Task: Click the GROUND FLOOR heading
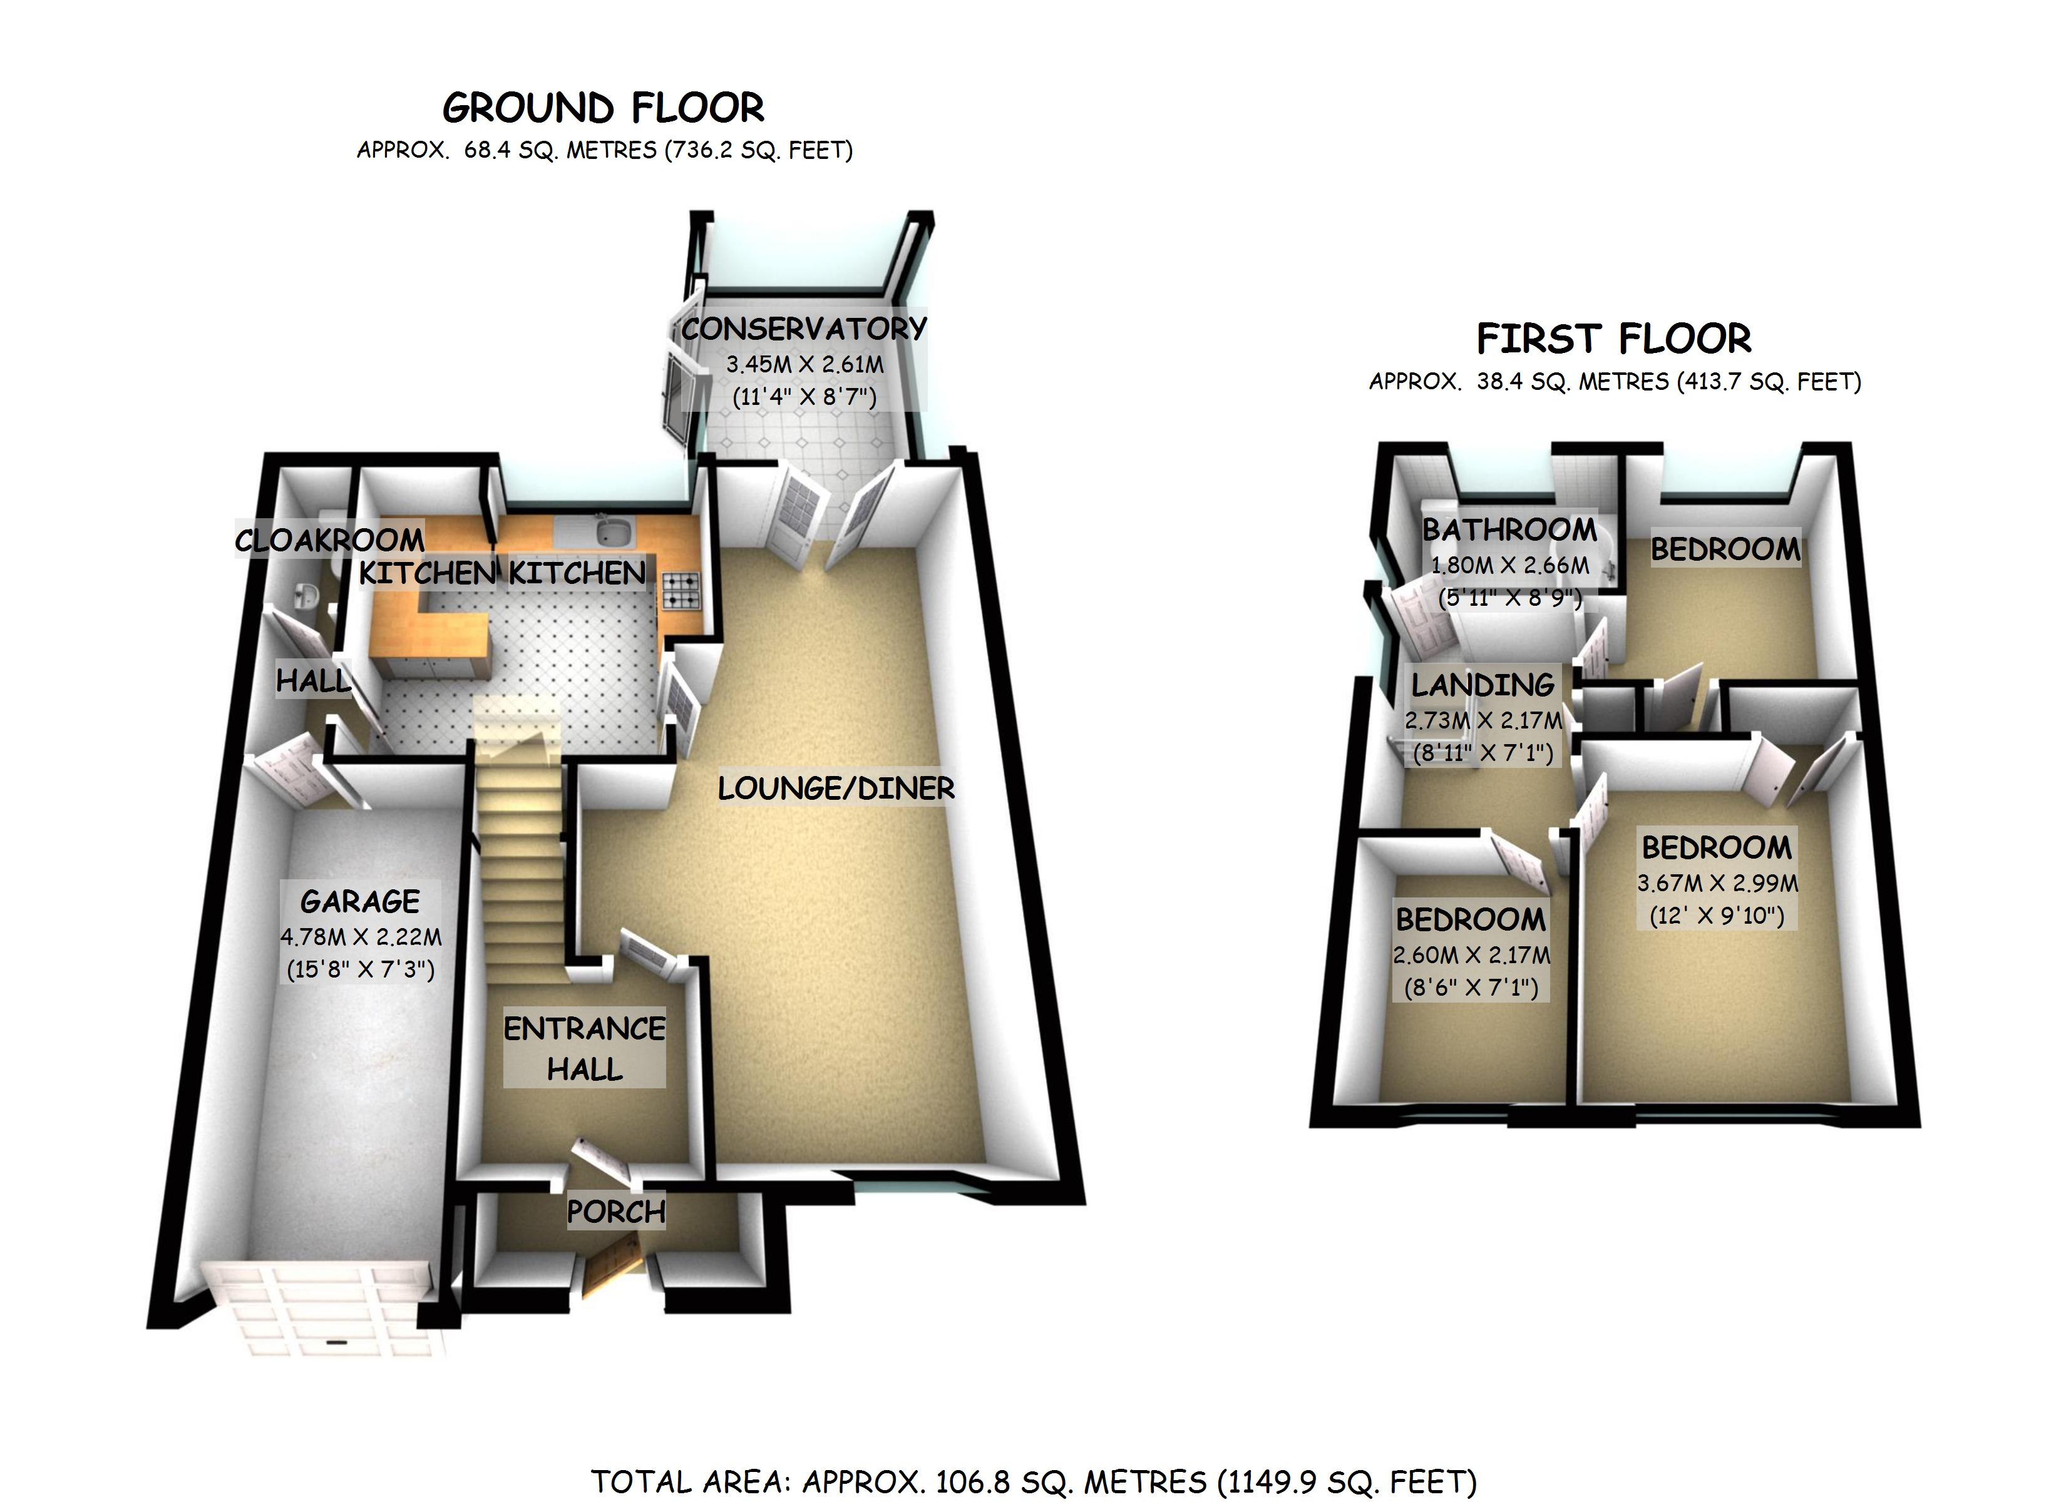tap(603, 108)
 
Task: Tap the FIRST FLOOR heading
tap(1613, 339)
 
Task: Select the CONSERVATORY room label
tap(803, 329)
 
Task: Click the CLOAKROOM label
tap(330, 540)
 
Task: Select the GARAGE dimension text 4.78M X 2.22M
tap(361, 936)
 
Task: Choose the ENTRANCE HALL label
tap(584, 1048)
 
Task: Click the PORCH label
tap(616, 1212)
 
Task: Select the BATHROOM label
tap(1509, 529)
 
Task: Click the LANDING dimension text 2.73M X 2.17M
tap(1483, 720)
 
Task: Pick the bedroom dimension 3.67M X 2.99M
tap(1717, 882)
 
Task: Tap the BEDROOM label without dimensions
tap(1725, 549)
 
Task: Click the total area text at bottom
tap(1033, 1482)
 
